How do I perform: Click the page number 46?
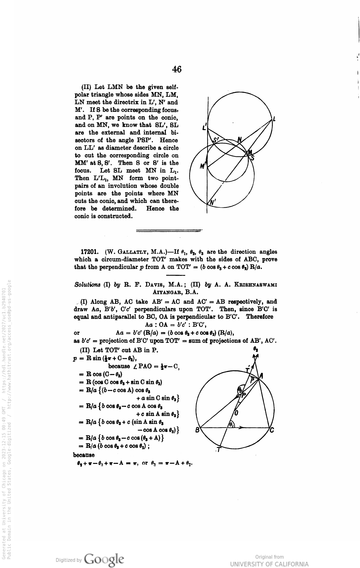point(177,69)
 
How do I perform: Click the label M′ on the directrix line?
point(203,166)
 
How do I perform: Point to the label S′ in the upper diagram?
point(216,140)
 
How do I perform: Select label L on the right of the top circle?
point(274,119)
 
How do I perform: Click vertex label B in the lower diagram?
point(197,430)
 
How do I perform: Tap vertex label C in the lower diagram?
point(272,430)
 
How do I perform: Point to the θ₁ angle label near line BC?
point(231,424)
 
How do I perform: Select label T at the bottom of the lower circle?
point(219,450)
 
